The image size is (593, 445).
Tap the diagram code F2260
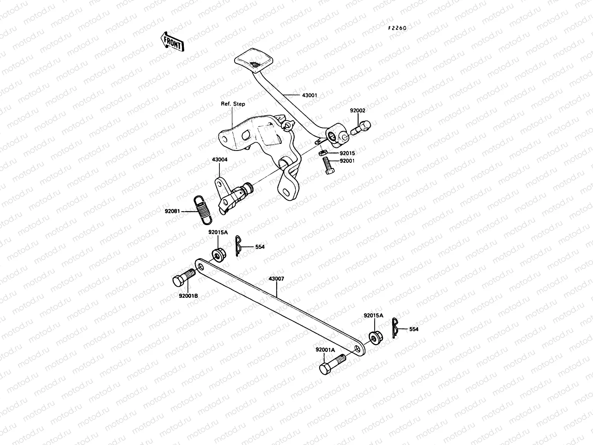[x=397, y=28]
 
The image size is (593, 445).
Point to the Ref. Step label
[x=233, y=104]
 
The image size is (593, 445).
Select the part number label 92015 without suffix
[x=347, y=153]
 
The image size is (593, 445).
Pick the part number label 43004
[x=219, y=160]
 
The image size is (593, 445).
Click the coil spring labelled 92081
[x=203, y=210]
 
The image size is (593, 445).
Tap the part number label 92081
[x=172, y=211]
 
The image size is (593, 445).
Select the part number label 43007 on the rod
[x=276, y=278]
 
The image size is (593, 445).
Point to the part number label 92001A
[x=325, y=350]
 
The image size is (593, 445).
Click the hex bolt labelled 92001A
[x=332, y=364]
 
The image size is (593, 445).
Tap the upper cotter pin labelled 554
[x=239, y=246]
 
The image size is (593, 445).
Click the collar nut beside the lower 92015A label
[x=374, y=336]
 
